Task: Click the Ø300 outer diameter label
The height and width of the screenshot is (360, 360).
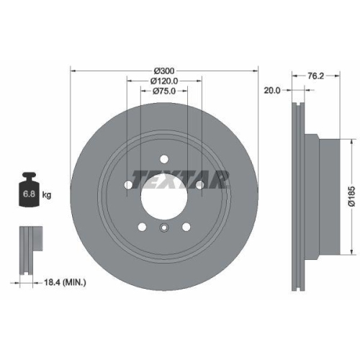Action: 164,71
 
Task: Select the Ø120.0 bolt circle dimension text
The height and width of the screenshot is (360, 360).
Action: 164,82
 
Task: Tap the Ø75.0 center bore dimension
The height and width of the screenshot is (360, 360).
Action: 164,92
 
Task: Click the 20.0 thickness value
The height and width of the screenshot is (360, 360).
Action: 271,91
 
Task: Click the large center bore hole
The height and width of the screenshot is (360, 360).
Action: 164,196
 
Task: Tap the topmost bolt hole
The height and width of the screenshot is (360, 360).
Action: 164,159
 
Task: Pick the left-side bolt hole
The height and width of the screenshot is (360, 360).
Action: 129,185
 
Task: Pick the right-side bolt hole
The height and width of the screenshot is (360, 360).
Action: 199,185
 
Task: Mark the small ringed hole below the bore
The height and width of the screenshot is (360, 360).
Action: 164,230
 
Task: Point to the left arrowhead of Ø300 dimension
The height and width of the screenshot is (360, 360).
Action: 72,71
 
